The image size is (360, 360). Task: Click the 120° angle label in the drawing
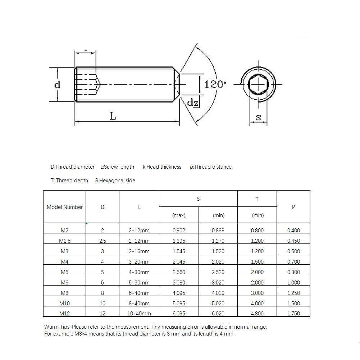215,85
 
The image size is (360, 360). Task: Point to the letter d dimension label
57,85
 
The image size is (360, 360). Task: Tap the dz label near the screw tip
193,102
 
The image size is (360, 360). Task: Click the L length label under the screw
113,116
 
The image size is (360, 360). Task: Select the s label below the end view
258,117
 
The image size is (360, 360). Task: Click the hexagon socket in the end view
258,85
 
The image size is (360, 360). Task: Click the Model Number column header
64,207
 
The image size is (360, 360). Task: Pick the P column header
293,207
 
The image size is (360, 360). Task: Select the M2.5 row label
64,241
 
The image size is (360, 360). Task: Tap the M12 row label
64,313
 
